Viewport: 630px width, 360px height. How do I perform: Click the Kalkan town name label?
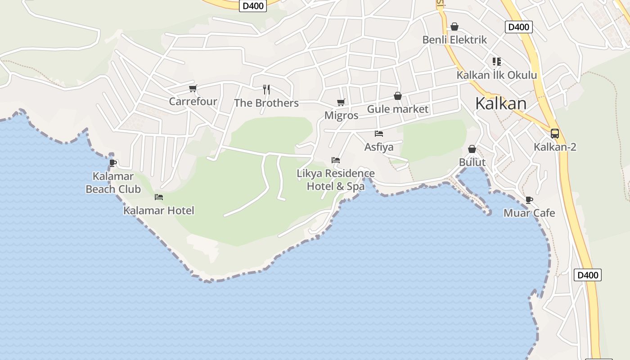(501, 103)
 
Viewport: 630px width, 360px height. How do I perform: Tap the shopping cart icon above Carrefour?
(193, 88)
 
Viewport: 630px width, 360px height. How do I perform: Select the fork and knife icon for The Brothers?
(266, 89)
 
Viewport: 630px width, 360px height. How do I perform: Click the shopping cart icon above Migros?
(341, 103)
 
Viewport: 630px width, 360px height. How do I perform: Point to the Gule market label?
(398, 109)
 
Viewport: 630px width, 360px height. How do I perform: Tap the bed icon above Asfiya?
(379, 134)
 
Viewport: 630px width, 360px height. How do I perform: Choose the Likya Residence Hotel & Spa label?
(336, 180)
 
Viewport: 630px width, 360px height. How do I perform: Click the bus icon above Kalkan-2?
(555, 134)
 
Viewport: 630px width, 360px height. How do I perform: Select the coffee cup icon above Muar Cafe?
(529, 200)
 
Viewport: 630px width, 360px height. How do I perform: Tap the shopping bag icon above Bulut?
(472, 149)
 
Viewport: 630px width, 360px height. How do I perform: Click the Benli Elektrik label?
(454, 40)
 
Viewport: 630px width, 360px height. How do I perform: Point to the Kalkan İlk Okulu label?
(497, 75)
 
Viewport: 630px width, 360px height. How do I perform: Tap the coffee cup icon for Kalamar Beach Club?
(113, 162)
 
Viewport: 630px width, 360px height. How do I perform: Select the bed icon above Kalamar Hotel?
(159, 197)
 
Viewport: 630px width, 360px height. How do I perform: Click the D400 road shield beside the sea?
(588, 275)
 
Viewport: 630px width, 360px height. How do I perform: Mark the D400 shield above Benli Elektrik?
(518, 27)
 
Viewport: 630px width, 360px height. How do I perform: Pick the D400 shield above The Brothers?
(253, 6)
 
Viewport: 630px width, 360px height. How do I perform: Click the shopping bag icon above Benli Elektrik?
(454, 27)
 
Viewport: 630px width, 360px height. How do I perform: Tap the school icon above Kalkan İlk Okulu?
(497, 62)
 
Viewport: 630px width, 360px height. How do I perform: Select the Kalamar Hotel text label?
(159, 210)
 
